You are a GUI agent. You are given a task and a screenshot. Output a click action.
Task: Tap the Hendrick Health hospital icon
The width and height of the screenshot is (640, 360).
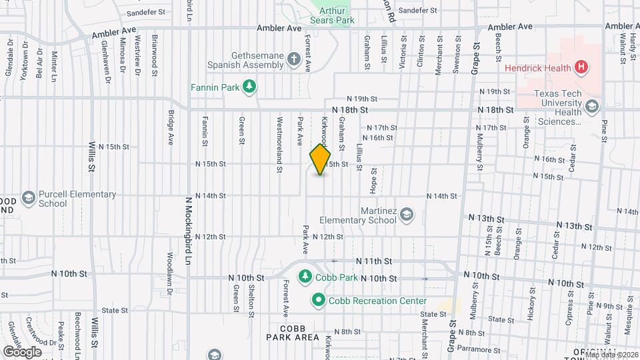tap(582, 67)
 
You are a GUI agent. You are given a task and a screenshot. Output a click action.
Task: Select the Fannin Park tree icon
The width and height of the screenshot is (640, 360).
tap(249, 86)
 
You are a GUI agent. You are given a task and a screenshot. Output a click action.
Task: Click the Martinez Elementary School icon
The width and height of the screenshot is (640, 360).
tap(407, 215)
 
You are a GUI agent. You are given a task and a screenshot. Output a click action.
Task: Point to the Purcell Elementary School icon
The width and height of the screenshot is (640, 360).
tap(28, 198)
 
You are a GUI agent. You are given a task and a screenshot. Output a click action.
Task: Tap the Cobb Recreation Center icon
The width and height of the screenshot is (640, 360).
tap(318, 301)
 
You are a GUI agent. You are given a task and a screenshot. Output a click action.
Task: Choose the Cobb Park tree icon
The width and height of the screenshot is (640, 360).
tap(305, 276)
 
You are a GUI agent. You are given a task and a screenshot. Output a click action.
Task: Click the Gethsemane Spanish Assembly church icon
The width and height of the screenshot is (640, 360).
tap(293, 61)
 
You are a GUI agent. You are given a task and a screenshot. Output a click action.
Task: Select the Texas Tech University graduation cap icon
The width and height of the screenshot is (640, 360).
tap(591, 107)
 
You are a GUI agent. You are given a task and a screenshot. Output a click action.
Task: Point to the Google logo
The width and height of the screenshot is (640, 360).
tap(22, 351)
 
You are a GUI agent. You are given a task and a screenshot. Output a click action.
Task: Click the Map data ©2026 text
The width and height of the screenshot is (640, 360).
tap(612, 354)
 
